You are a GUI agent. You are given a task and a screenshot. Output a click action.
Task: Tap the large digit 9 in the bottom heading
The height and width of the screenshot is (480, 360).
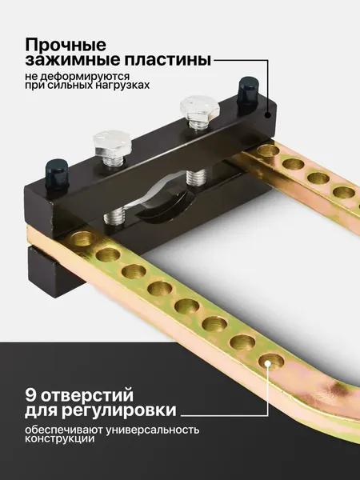[34, 394]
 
